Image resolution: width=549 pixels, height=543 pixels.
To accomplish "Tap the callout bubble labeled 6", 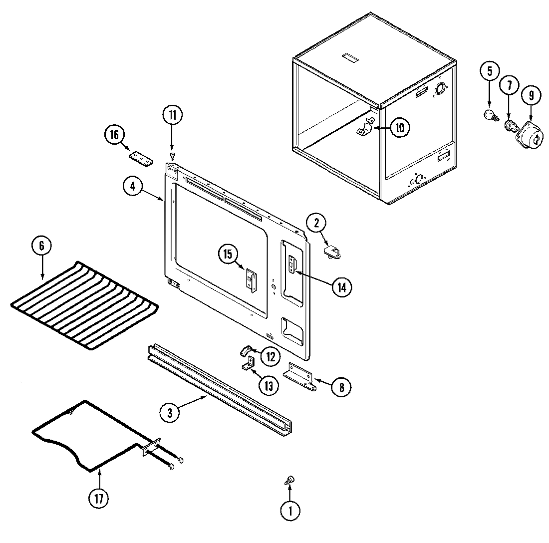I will tap(41, 246).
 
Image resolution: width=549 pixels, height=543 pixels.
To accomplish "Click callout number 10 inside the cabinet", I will tap(400, 128).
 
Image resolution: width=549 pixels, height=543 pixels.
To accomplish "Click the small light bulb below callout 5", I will tap(489, 116).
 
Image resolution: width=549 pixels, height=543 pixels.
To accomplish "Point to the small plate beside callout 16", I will tap(140, 158).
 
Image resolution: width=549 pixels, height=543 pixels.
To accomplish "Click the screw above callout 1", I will tap(288, 480).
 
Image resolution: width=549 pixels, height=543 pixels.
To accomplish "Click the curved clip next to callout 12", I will tap(246, 350).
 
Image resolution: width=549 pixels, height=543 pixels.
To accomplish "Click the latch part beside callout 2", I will tap(332, 251).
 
